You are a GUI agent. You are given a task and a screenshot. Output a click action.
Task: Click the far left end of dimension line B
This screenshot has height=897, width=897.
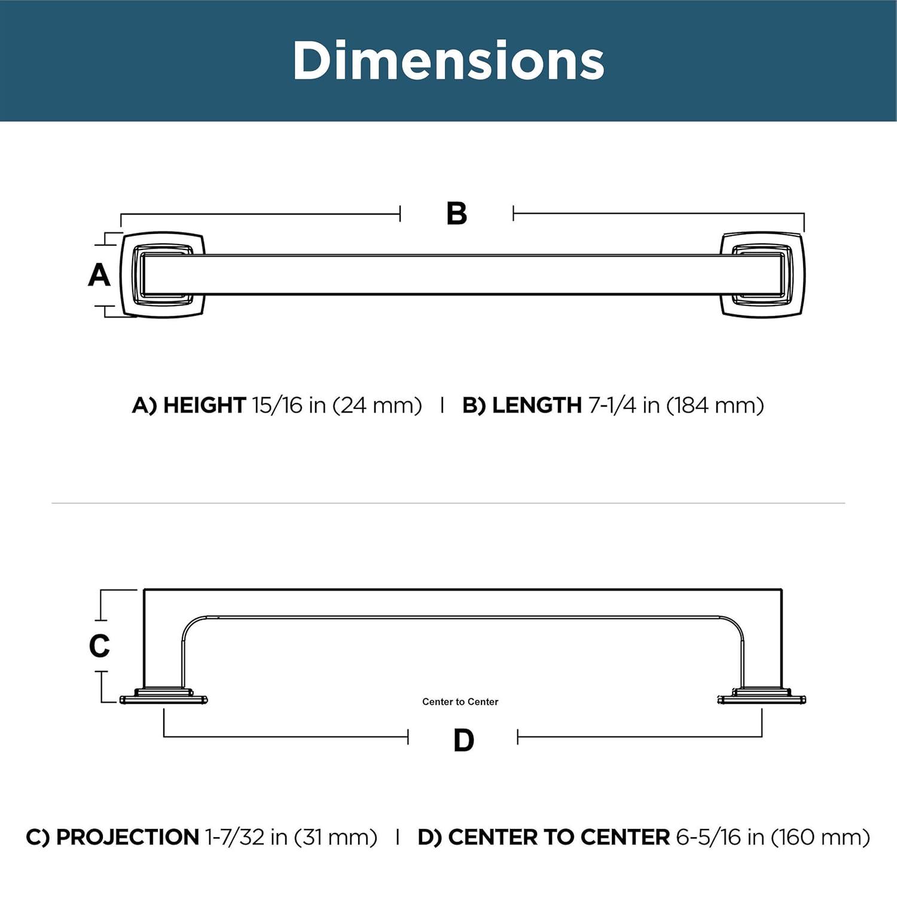(x=121, y=214)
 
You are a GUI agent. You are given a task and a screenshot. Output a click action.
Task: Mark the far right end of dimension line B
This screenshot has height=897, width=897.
(x=804, y=213)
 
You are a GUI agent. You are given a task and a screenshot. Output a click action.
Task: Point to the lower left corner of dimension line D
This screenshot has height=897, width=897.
(x=164, y=736)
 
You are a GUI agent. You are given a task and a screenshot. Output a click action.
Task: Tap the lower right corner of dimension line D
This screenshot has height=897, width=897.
(x=762, y=736)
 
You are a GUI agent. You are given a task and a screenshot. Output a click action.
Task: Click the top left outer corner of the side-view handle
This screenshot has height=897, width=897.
(x=144, y=590)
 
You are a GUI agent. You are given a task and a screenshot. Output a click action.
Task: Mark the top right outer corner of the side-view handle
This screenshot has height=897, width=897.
(x=782, y=590)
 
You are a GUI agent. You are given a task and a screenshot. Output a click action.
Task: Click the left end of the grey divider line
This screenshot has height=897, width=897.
(x=52, y=504)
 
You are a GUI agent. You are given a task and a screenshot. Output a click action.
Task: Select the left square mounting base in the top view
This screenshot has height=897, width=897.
(x=163, y=274)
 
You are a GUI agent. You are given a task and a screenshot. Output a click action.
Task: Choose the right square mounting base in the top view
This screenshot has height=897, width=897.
(x=762, y=274)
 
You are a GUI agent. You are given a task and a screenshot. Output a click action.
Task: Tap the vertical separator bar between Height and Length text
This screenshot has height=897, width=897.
(x=442, y=405)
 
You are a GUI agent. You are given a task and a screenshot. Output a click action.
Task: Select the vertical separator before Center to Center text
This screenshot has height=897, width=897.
(x=398, y=837)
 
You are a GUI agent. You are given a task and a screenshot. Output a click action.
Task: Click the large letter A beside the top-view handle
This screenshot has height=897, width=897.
(x=99, y=275)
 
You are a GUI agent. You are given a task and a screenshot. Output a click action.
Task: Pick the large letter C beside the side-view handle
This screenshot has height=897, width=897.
(x=99, y=646)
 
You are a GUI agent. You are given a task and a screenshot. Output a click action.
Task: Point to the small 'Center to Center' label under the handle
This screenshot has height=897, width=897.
(x=460, y=701)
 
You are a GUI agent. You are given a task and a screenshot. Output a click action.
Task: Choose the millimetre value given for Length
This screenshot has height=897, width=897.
(x=715, y=405)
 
